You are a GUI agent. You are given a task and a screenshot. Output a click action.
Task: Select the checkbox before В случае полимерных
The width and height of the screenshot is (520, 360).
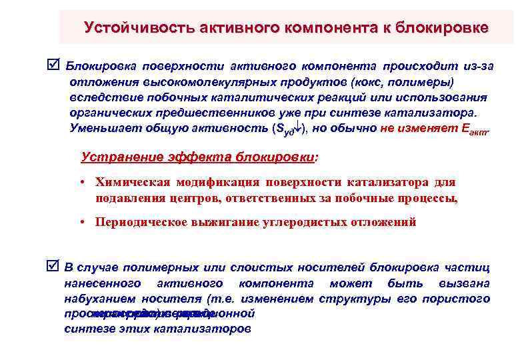pos(55,267)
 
